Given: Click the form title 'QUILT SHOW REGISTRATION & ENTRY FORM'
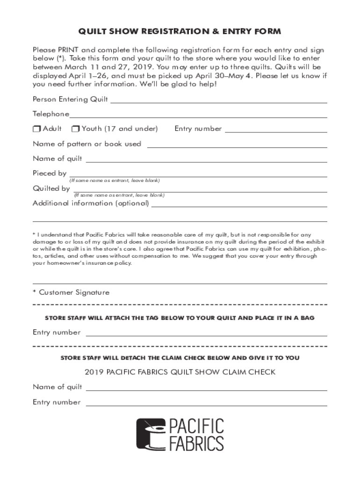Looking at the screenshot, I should (180, 32).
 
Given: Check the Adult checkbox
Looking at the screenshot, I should (36, 129).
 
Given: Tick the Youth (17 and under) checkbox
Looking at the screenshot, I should (75, 129).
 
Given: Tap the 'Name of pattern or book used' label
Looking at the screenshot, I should (86, 144).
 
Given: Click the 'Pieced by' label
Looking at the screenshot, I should (49, 173).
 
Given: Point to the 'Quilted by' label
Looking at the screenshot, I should (51, 189).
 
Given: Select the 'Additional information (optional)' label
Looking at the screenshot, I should (91, 203).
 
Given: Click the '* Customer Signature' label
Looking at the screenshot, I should (71, 292).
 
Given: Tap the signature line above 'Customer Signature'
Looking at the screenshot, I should (180, 283).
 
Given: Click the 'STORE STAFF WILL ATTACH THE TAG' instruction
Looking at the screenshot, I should (180, 318).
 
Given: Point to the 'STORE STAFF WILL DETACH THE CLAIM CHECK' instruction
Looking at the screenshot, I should (180, 358).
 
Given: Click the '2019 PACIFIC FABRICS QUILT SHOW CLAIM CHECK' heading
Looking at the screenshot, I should (180, 372).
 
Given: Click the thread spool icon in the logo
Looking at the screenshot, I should (151, 434).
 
